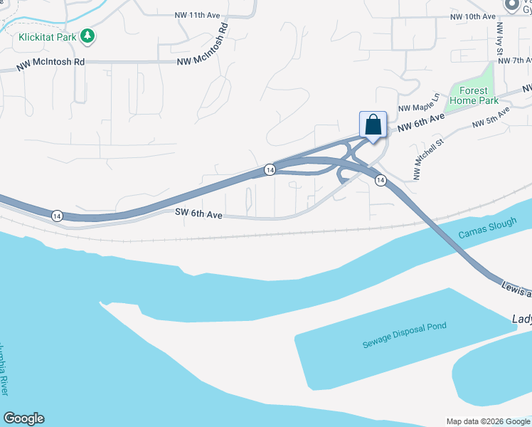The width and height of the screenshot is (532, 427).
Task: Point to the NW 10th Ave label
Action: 472,16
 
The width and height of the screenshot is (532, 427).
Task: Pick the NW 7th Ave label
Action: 515,60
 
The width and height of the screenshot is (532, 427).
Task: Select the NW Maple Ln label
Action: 420,103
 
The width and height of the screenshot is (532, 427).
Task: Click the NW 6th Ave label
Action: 420,122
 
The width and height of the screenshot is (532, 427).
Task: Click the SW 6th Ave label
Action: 199,213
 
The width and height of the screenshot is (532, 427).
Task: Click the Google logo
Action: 23,418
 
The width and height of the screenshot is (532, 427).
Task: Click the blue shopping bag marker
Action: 373,126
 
